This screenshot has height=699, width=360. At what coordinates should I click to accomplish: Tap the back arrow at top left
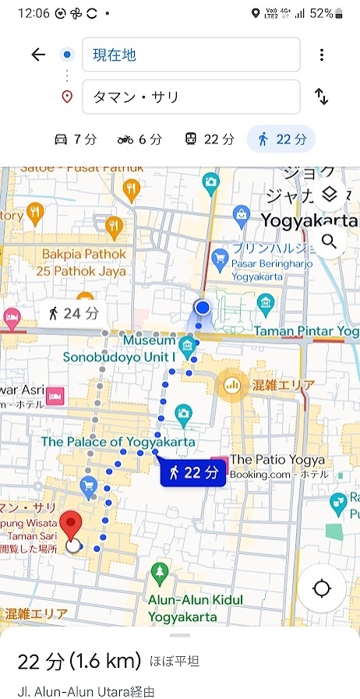point(38,55)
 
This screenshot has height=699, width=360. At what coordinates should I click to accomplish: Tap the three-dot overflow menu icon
point(321,55)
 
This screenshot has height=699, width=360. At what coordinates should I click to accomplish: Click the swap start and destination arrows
point(321,97)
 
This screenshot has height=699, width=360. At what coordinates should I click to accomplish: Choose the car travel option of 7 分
point(76,139)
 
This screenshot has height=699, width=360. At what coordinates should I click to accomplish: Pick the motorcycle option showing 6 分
point(139,139)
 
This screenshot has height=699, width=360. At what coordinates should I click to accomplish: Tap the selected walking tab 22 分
point(281,139)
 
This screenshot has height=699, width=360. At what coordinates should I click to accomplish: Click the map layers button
point(329,194)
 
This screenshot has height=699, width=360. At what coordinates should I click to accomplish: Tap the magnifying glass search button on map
point(329,241)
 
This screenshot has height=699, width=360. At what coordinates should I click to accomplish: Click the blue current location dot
point(203,307)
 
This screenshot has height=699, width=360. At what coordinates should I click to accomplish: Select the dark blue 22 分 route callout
point(192,473)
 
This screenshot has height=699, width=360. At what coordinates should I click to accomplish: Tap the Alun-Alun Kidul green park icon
point(160,573)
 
